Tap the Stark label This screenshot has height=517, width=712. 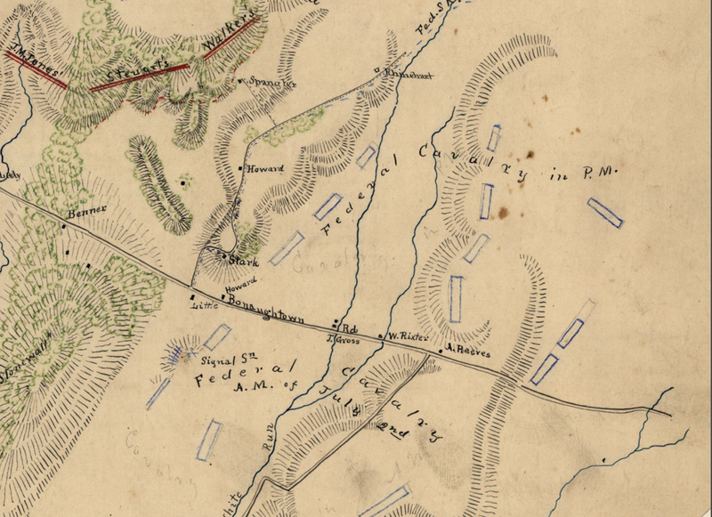(242, 262)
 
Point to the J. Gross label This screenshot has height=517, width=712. (342, 339)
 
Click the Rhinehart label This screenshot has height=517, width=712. (409, 76)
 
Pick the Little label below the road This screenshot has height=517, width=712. (204, 305)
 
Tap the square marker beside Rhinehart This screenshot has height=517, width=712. (376, 70)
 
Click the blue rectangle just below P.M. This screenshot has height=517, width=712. (605, 212)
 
